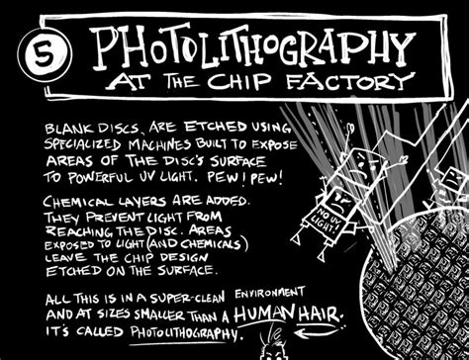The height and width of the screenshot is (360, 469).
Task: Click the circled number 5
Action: [x=40, y=49]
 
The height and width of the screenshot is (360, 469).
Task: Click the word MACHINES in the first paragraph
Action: [x=203, y=144]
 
